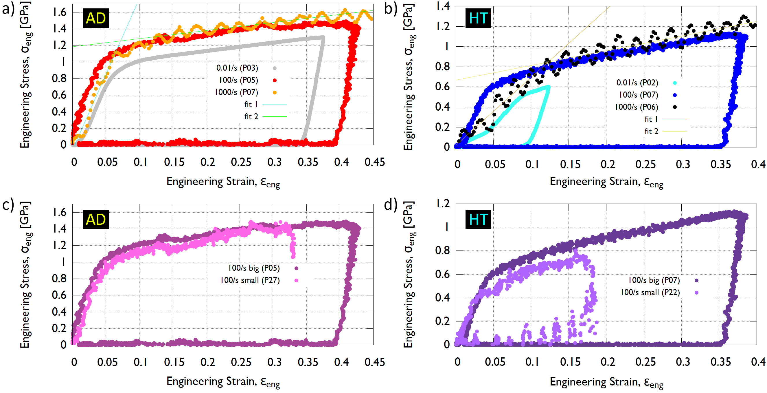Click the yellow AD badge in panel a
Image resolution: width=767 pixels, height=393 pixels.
tap(95, 18)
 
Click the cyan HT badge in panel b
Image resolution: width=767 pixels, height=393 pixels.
tap(478, 18)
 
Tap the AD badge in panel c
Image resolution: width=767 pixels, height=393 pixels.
tap(95, 219)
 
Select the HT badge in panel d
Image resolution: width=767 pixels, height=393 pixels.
tap(478, 219)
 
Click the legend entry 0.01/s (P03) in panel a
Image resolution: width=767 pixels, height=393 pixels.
tap(237, 68)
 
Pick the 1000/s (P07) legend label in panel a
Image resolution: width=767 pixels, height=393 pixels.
tap(236, 92)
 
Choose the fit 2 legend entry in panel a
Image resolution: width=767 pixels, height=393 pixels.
tap(251, 116)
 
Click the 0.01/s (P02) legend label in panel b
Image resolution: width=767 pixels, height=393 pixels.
tap(637, 83)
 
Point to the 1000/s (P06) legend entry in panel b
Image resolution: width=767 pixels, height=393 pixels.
tap(636, 107)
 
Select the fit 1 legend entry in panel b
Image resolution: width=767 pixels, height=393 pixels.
tap(651, 119)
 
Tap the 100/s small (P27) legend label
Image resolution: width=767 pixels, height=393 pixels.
tap(250, 280)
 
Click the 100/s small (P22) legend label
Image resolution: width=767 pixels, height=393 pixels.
tap(650, 292)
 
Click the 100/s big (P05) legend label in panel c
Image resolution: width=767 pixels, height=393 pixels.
tap(254, 268)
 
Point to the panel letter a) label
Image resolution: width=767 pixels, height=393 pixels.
tap(8, 9)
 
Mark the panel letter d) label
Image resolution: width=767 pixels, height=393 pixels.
tap(391, 205)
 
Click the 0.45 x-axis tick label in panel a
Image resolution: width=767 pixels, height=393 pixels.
tap(375, 162)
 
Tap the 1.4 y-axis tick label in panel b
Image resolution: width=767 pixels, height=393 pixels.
tap(443, 6)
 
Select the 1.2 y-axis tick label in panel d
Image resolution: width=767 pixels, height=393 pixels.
tap(443, 204)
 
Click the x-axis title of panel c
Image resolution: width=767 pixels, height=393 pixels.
tap(223, 382)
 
